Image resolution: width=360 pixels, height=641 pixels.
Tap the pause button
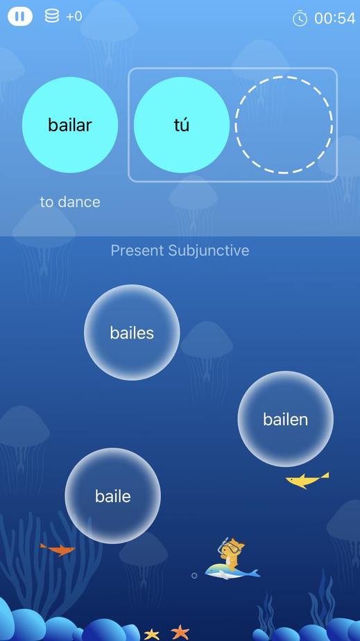[19, 17]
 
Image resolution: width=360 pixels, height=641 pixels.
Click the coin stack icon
[52, 17]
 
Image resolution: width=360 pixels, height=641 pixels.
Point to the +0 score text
[74, 17]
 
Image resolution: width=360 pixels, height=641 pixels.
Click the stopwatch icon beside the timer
[300, 19]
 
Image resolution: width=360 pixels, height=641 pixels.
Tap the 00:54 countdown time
[334, 19]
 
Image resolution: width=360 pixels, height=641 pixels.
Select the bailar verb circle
[70, 125]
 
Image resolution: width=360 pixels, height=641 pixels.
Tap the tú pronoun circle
[182, 125]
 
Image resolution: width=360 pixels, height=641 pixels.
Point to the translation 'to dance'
[70, 202]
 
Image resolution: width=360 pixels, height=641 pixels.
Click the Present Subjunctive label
[180, 250]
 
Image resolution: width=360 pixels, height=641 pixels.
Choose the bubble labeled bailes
[132, 332]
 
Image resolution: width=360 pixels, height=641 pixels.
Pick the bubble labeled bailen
[286, 418]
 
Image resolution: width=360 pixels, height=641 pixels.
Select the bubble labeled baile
[113, 496]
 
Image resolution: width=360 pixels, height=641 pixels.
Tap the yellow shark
[307, 480]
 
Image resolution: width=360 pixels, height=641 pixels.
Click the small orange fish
[58, 550]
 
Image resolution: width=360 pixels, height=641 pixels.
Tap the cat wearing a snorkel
[231, 554]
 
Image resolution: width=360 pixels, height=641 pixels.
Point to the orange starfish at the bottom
[180, 632]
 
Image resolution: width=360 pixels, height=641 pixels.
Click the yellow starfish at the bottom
[152, 634]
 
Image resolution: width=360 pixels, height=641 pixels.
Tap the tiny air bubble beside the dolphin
[194, 576]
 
